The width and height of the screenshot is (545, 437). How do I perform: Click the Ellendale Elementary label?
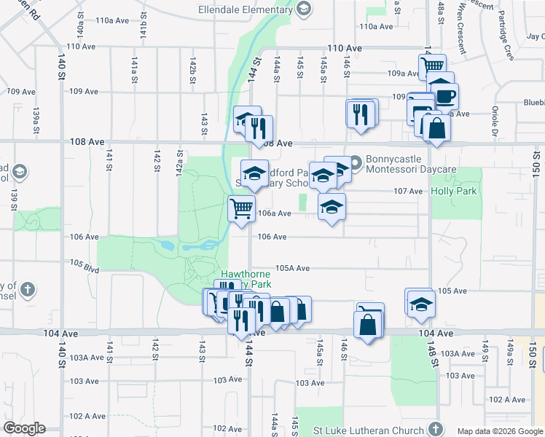(246, 9)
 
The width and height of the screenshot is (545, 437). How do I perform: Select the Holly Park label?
(453, 191)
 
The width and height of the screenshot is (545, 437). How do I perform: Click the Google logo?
(24, 428)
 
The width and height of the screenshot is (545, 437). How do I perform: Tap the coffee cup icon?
(445, 95)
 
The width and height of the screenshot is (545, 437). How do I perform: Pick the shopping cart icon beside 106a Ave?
(241, 208)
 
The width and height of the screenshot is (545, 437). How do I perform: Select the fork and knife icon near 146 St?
(361, 114)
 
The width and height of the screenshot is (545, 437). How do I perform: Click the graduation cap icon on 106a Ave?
(332, 207)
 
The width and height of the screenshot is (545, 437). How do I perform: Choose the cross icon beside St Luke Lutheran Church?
(436, 428)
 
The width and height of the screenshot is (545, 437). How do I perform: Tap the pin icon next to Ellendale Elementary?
(305, 9)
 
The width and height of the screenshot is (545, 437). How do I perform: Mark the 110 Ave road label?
(345, 47)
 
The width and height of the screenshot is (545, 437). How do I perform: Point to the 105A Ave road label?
(292, 268)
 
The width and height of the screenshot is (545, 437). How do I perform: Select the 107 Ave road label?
(408, 191)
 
